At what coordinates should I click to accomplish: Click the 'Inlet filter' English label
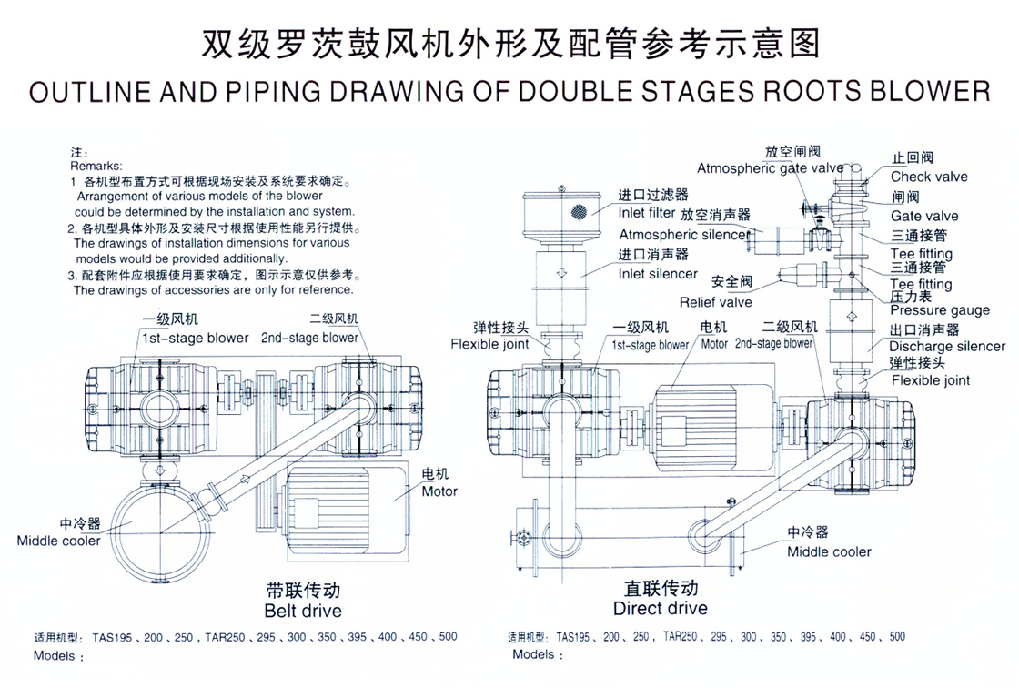pyautogui.click(x=653, y=214)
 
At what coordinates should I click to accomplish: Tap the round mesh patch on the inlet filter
pyautogui.click(x=577, y=211)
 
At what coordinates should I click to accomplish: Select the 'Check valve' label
pyautogui.click(x=929, y=177)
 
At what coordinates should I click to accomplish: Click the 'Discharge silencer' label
pyautogui.click(x=947, y=346)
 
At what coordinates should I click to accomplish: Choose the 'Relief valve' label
pyautogui.click(x=715, y=301)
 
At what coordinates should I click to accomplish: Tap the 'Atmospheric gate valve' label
pyautogui.click(x=771, y=168)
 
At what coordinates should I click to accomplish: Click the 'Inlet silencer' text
pyautogui.click(x=659, y=273)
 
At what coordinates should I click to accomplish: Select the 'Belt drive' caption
pyautogui.click(x=303, y=610)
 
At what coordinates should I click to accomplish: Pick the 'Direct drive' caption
pyautogui.click(x=660, y=608)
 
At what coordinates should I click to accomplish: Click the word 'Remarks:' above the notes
pyautogui.click(x=96, y=167)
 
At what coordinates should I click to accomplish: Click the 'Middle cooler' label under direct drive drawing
pyautogui.click(x=829, y=551)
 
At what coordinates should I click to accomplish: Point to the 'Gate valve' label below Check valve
pyautogui.click(x=923, y=216)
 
